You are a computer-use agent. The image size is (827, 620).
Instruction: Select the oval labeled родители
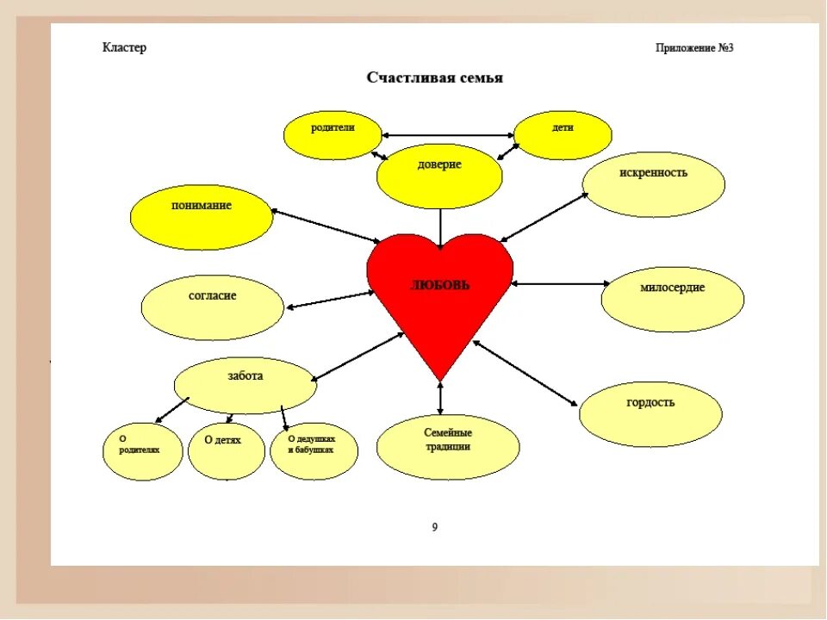333,135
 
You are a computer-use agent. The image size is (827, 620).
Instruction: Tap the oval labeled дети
563,135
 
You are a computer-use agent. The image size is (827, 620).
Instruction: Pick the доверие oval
439,176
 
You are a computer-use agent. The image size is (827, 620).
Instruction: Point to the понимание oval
201,217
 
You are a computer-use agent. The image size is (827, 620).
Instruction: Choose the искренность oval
653,184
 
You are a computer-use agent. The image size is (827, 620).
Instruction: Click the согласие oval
212,307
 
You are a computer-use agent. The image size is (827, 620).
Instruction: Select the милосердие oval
672,298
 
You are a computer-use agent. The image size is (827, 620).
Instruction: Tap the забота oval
246,385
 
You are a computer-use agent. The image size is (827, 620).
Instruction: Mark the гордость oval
650,413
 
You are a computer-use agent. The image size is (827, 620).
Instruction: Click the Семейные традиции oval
448,446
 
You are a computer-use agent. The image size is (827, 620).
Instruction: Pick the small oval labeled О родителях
144,450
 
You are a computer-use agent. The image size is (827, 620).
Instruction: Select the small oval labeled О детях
226,450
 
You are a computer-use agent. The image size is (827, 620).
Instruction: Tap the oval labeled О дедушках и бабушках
314,450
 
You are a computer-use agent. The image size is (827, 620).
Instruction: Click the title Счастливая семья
435,78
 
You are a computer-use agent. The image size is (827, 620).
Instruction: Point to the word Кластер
125,47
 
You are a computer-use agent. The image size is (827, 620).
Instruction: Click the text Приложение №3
693,47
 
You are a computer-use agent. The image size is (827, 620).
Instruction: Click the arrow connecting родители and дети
448,135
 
